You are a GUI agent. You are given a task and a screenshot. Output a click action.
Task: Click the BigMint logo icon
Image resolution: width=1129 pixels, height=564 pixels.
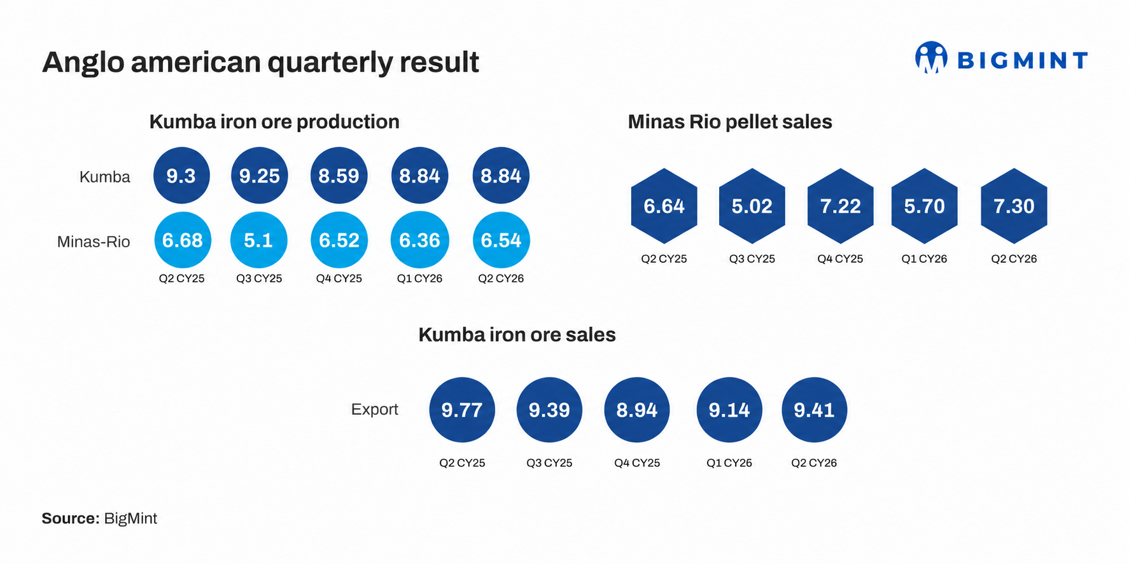tap(931, 58)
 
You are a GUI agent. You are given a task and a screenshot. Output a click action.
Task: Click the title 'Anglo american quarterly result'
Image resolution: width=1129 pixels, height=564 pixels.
tap(260, 62)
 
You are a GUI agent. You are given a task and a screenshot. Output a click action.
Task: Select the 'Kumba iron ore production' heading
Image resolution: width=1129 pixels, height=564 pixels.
tap(274, 121)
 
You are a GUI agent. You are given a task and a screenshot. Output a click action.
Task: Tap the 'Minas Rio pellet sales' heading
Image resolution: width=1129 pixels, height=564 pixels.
tap(730, 121)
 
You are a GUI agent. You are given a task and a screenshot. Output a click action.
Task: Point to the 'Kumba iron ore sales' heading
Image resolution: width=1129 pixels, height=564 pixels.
tap(517, 334)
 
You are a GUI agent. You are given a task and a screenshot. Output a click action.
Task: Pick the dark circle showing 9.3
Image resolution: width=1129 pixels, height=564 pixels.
tap(181, 175)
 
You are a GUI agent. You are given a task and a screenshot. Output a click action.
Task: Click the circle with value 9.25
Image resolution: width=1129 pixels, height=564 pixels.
tap(259, 175)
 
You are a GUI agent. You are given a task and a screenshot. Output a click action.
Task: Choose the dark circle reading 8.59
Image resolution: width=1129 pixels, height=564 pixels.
tap(339, 175)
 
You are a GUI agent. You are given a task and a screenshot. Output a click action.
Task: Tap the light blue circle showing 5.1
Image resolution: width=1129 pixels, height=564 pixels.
tap(258, 240)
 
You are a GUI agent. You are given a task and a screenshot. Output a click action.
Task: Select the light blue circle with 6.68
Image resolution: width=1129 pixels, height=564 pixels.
tap(183, 240)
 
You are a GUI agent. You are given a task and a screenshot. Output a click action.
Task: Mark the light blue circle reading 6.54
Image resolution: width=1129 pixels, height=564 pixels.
tap(501, 240)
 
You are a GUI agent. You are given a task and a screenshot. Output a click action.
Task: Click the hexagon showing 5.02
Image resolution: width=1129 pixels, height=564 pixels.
tap(752, 206)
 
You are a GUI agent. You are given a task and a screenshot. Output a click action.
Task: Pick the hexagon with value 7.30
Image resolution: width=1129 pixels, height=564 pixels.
tap(1014, 206)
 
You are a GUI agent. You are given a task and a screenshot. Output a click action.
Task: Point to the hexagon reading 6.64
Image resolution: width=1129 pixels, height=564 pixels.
tap(664, 206)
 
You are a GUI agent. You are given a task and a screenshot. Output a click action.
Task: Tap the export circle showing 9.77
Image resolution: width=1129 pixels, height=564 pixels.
tap(462, 409)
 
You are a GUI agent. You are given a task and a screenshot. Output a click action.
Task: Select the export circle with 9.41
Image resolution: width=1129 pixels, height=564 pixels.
tap(814, 409)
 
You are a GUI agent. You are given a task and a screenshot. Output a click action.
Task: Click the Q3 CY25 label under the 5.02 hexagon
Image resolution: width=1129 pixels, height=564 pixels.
tap(752, 259)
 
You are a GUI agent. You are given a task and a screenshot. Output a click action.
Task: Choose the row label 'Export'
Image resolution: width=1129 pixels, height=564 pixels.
tap(375, 409)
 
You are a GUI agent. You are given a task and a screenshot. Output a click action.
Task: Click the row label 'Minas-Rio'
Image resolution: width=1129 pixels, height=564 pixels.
tap(94, 242)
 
